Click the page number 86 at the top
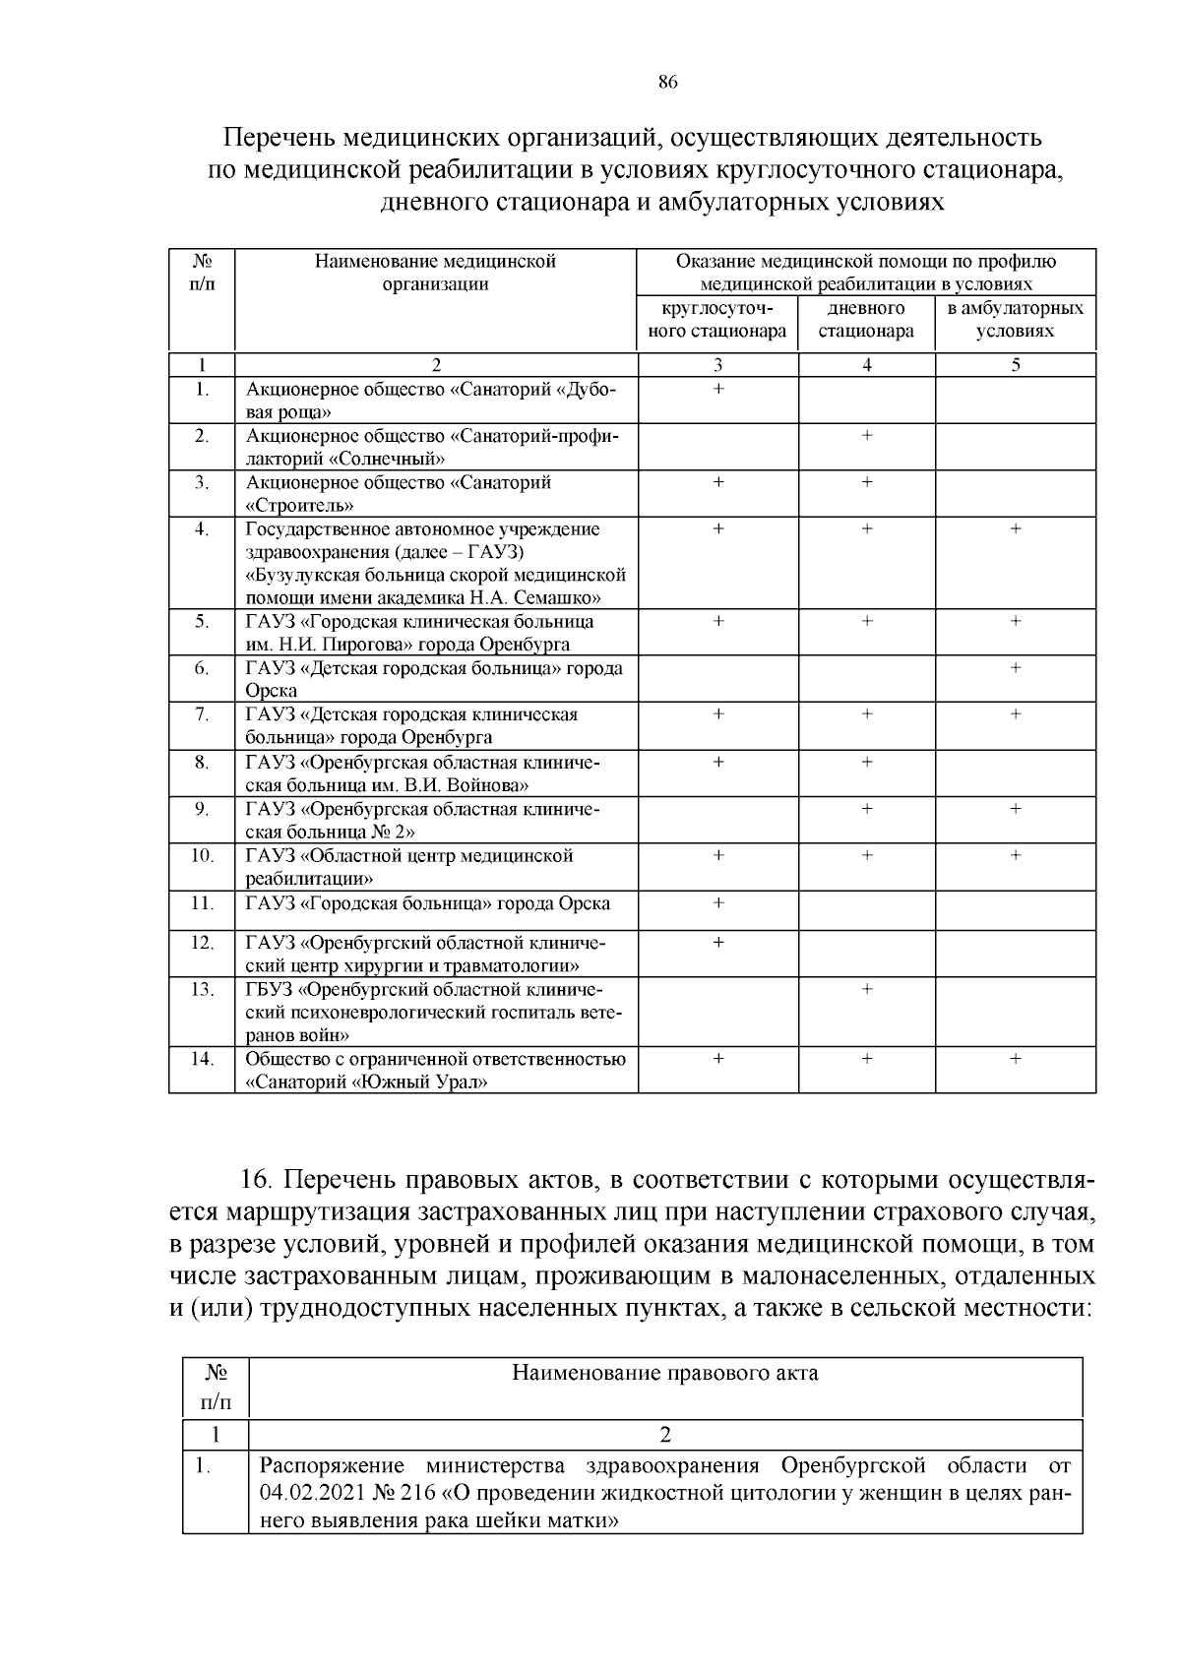[x=667, y=83]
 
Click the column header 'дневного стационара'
[x=866, y=320]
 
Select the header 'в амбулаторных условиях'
[x=1015, y=320]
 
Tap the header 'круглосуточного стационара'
[x=717, y=320]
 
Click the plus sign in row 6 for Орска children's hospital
[x=1016, y=668]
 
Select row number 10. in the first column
[x=202, y=856]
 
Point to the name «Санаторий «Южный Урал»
[x=367, y=1082]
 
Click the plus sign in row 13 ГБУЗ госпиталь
[x=866, y=989]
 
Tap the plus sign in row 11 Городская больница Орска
[x=718, y=902]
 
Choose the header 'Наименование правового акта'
[x=664, y=1373]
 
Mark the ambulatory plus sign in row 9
[x=1016, y=809]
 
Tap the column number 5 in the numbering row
[x=1016, y=365]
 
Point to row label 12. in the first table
[x=202, y=943]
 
